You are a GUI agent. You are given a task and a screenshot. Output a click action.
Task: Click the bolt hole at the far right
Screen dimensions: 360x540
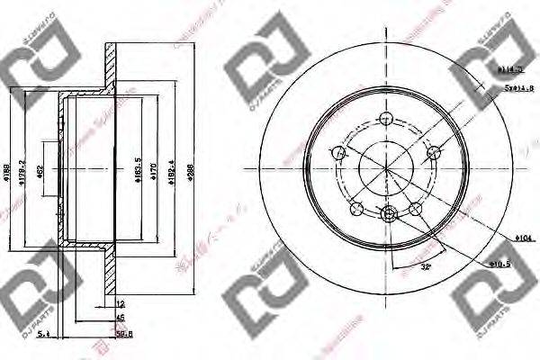click(433, 151)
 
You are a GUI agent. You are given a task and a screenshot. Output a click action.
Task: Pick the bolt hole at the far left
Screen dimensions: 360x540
click(340, 154)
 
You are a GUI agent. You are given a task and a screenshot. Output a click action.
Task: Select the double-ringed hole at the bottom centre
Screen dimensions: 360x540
click(389, 213)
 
